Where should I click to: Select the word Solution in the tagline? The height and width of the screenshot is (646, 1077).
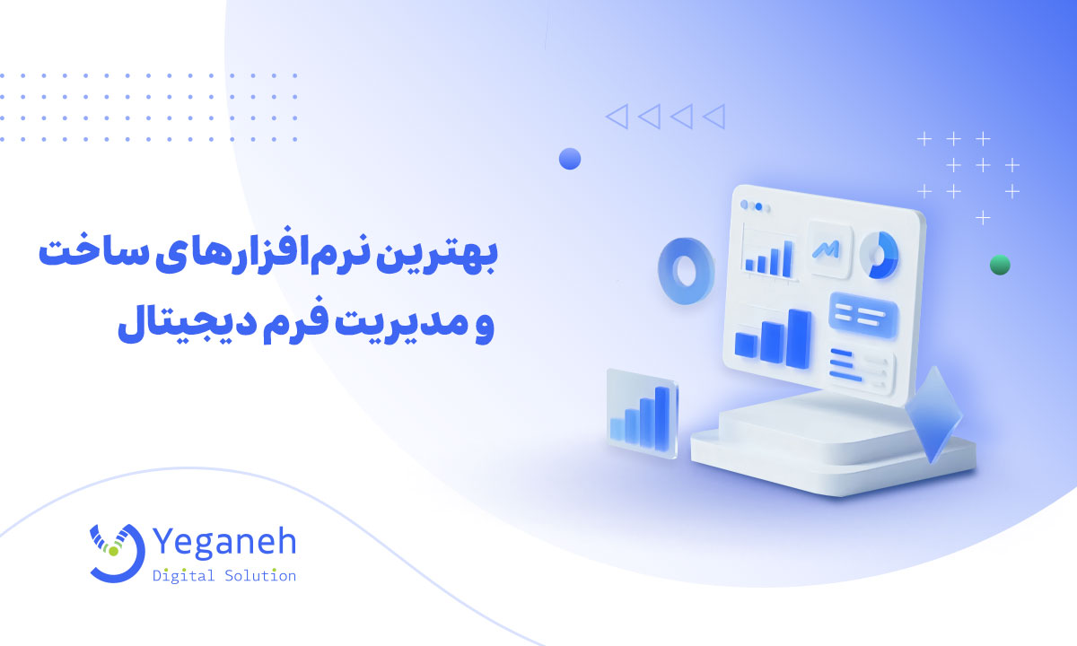pyautogui.click(x=260, y=575)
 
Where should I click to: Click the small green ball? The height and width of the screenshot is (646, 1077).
pyautogui.click(x=1000, y=265)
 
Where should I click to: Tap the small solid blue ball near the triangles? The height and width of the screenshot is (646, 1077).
pyautogui.click(x=570, y=160)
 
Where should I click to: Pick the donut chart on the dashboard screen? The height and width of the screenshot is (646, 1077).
pyautogui.click(x=880, y=255)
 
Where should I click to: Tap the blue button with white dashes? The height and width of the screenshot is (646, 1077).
pyautogui.click(x=863, y=314)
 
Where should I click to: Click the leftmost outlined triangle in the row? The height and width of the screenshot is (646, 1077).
pyautogui.click(x=617, y=116)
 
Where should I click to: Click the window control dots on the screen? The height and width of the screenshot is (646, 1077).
pyautogui.click(x=759, y=205)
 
